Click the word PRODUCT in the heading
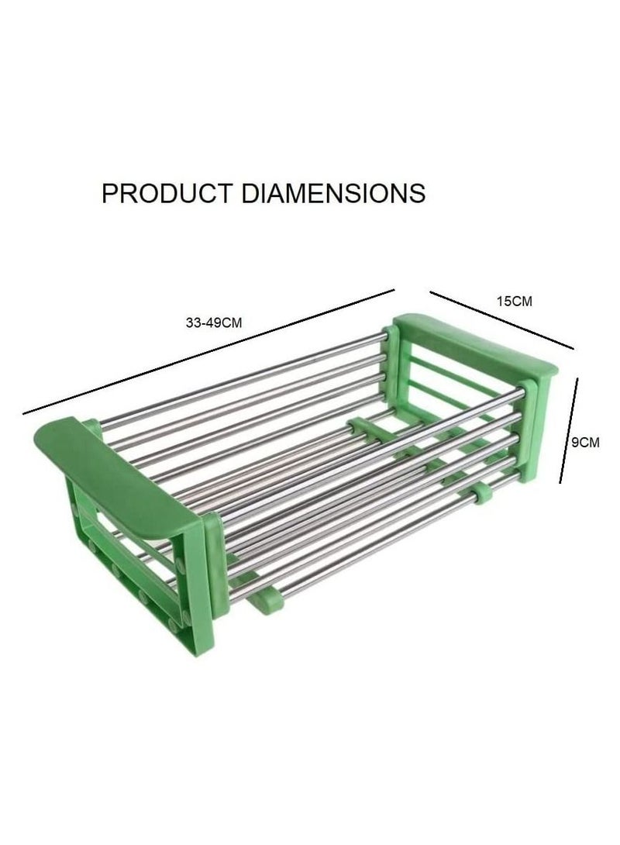pos(167,193)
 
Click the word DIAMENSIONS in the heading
pos(333,193)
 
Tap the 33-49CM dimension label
pos(214,322)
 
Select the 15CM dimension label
pos(514,302)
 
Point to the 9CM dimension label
pos(585,443)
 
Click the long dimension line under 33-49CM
pos(209,352)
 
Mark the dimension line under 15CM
pos(501,320)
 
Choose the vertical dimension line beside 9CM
pos(569,430)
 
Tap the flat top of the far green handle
pos(475,344)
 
